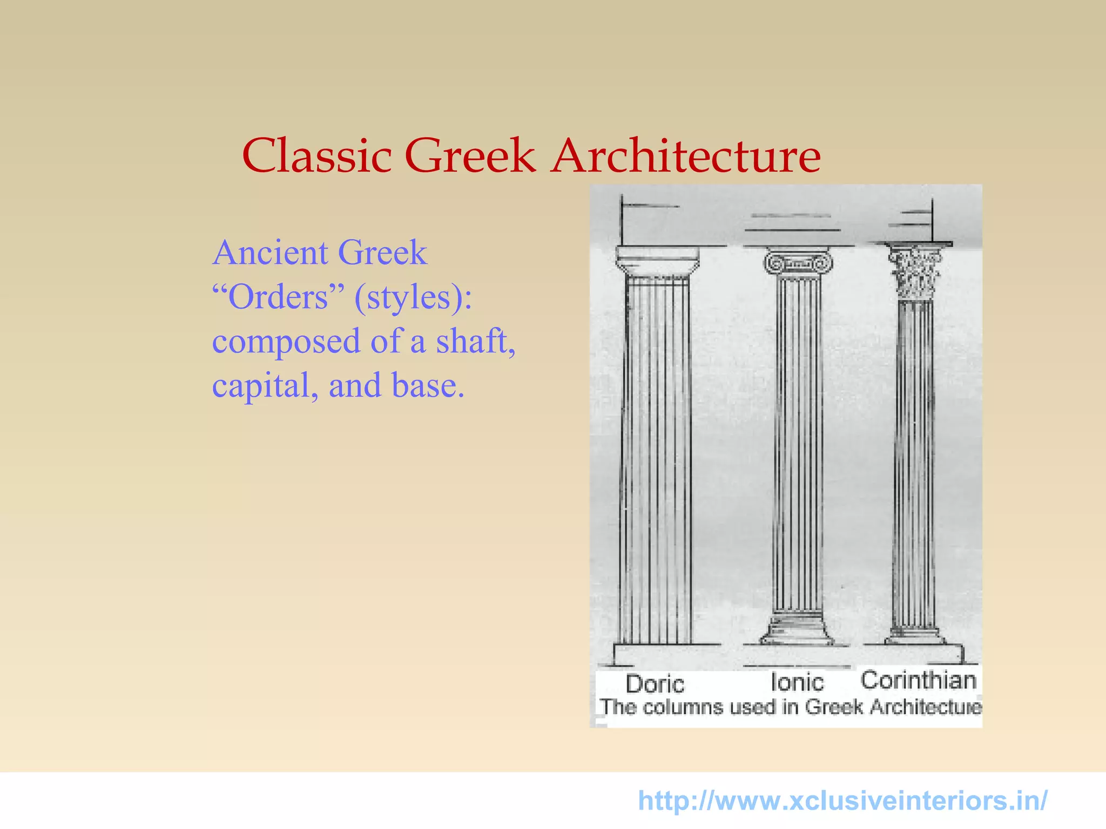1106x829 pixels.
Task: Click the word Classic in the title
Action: click(x=317, y=156)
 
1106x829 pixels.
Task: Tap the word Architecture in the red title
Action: click(x=686, y=156)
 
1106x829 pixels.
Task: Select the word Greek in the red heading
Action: click(x=470, y=156)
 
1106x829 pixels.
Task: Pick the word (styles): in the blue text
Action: click(x=413, y=298)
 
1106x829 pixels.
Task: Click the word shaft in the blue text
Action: click(x=475, y=342)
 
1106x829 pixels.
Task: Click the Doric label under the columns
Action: click(x=655, y=684)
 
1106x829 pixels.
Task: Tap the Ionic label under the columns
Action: click(x=797, y=682)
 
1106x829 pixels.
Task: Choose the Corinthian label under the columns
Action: click(x=918, y=680)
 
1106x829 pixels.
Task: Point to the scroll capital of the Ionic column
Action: click(x=798, y=263)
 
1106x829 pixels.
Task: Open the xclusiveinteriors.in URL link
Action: click(x=842, y=800)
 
